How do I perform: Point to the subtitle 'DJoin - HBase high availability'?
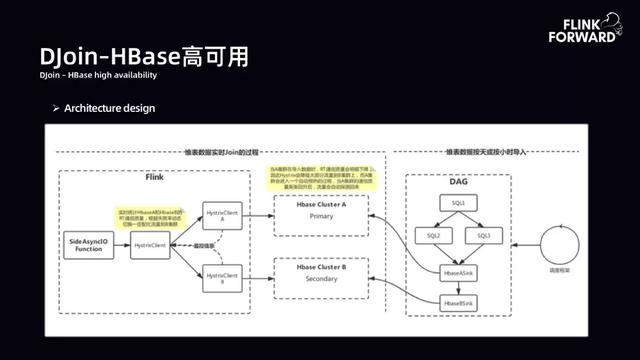click(98, 75)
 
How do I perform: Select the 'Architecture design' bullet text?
click(109, 107)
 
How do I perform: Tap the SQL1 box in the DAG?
click(459, 203)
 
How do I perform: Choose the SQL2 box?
click(434, 236)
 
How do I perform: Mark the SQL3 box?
click(484, 236)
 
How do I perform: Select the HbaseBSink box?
click(459, 301)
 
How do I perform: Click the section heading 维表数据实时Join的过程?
click(221, 152)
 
